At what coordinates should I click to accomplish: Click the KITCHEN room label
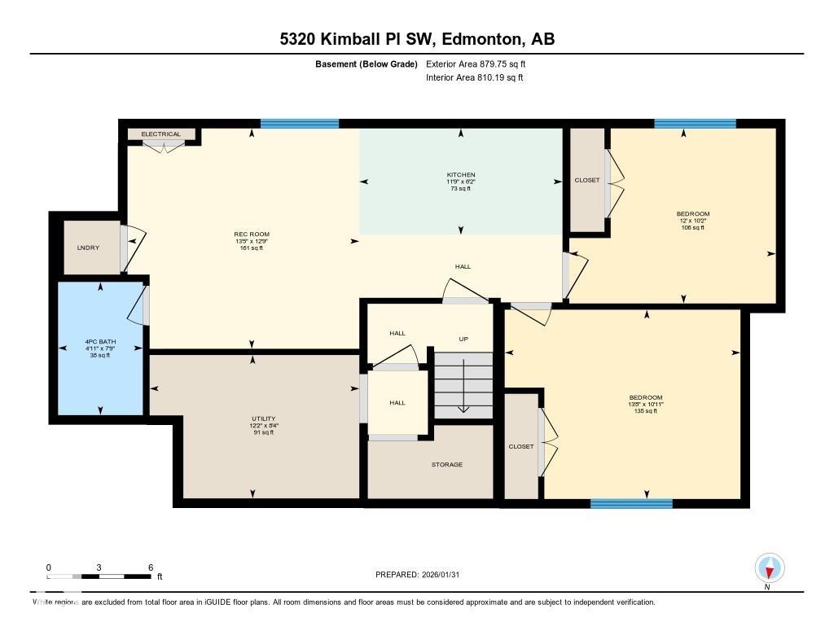tap(461, 175)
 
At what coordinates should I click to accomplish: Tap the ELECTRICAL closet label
tap(161, 134)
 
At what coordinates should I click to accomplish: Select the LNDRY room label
tap(89, 248)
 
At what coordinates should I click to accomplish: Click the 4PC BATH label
tap(100, 342)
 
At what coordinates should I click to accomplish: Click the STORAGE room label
tap(446, 464)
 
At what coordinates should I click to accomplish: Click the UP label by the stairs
tap(463, 339)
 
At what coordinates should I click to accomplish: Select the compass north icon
tap(769, 567)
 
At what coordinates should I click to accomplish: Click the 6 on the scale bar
tap(151, 567)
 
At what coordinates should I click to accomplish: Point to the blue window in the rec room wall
tap(299, 124)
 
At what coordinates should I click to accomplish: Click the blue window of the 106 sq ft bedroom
tap(695, 124)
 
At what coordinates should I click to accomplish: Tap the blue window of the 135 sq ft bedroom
tap(631, 504)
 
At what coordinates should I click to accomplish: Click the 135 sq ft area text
tap(645, 411)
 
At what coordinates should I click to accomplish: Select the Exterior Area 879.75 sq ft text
tap(481, 64)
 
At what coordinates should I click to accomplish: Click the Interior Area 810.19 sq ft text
tap(474, 78)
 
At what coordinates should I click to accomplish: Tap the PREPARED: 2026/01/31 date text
tap(423, 574)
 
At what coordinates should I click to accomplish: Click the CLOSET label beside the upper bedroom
tap(586, 180)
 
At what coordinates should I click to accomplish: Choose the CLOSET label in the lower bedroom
tap(521, 446)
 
